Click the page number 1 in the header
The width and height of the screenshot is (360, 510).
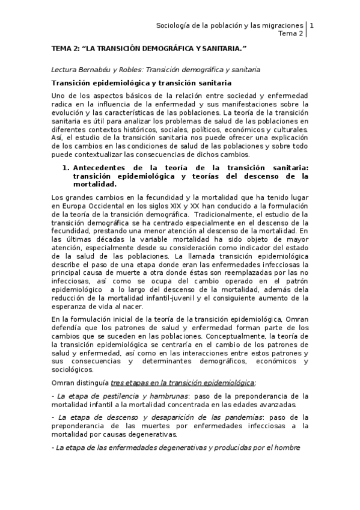311,25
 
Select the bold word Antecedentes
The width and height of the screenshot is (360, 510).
100,159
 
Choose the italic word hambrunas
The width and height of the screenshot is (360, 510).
164,396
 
